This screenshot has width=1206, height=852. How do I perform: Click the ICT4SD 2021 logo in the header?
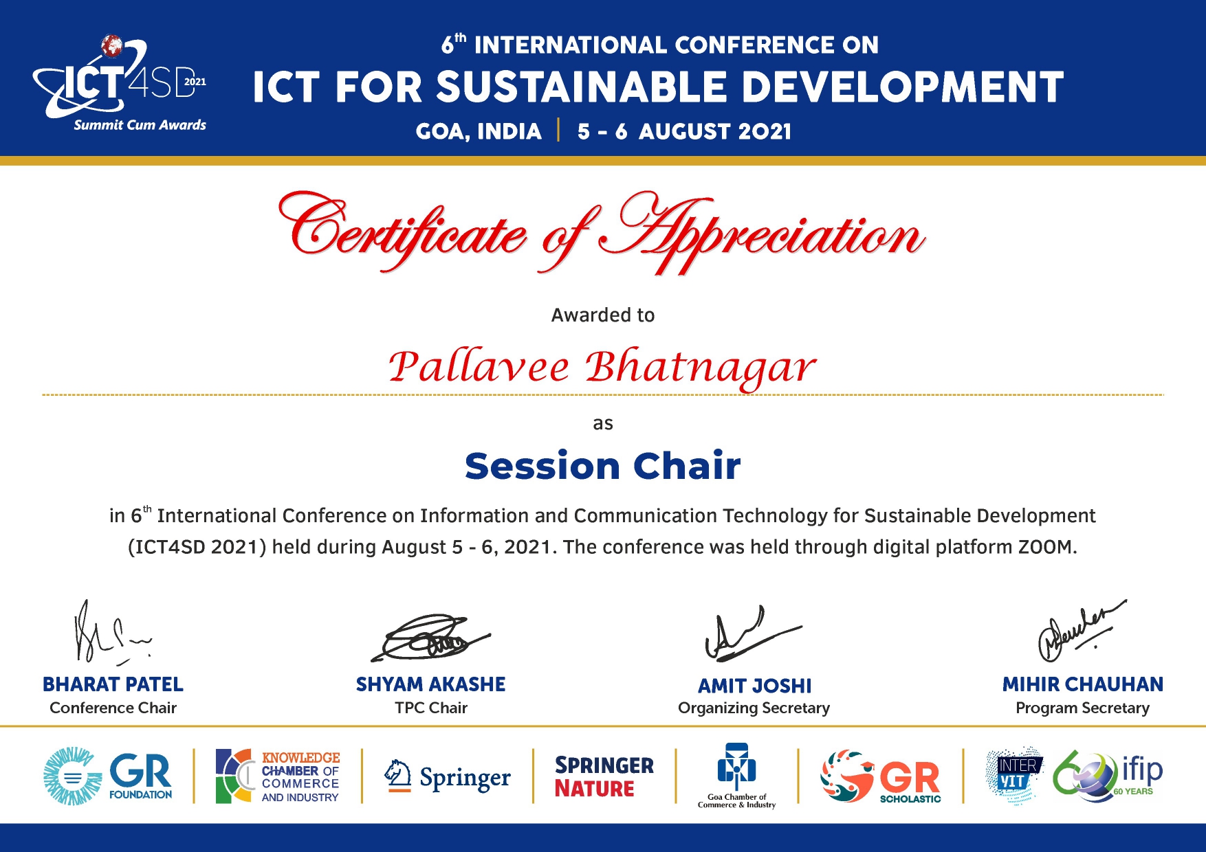tap(120, 82)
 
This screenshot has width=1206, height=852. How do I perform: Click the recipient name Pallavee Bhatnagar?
tap(602, 368)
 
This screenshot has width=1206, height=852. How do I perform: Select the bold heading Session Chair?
tap(602, 466)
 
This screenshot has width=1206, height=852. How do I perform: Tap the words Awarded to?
tap(603, 315)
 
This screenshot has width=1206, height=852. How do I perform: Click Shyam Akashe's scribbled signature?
tap(431, 638)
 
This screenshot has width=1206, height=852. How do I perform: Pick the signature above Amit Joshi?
tap(752, 634)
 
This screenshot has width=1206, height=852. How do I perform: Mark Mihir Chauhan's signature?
tap(1080, 629)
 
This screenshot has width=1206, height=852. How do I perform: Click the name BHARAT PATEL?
tap(113, 684)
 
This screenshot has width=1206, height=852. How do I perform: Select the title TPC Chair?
tap(431, 708)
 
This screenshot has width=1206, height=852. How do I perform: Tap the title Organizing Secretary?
tap(754, 708)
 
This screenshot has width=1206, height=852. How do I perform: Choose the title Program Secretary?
tap(1082, 708)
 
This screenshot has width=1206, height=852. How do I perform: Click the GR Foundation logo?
tap(108, 776)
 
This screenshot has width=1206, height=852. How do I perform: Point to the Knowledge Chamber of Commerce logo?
tap(278, 776)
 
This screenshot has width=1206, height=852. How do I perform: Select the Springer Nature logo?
tap(604, 777)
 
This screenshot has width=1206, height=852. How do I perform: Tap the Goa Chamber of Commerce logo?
tap(736, 776)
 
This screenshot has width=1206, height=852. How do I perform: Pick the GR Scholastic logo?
tap(881, 776)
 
